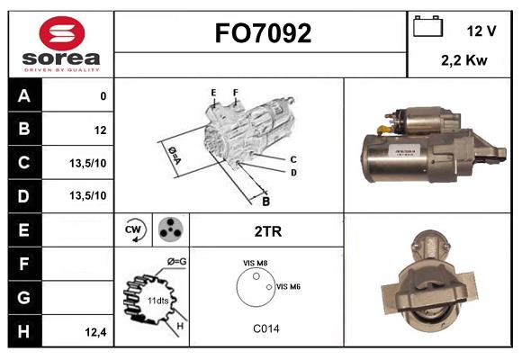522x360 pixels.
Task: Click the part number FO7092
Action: (262, 34)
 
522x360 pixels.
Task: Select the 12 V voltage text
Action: (481, 31)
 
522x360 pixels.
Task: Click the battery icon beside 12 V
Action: (427, 27)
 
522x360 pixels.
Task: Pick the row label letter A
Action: (24, 96)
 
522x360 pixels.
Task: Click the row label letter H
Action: (24, 332)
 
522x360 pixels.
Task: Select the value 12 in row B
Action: (99, 130)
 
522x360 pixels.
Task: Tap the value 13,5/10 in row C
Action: (89, 163)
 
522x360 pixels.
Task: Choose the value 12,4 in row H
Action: (95, 332)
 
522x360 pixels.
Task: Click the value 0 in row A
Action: (103, 96)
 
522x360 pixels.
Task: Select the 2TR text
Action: (268, 231)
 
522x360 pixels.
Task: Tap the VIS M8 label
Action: (255, 263)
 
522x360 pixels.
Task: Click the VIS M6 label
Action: (289, 286)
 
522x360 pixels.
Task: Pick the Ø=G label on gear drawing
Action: (176, 262)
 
